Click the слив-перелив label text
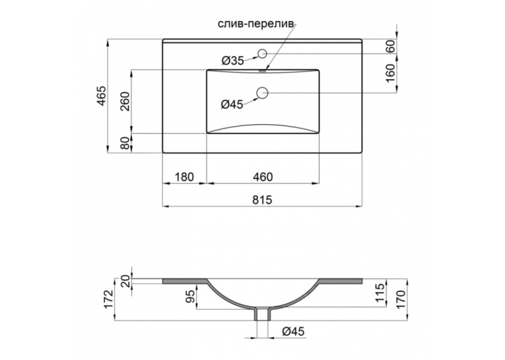tap(256, 24)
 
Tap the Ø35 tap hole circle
tap(263, 54)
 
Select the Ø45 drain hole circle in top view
tap(263, 93)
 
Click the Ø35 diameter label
tap(232, 61)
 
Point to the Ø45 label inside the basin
tap(232, 104)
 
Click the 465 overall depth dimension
tap(102, 96)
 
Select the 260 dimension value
tap(125, 102)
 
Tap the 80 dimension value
tap(125, 143)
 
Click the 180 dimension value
tap(185, 177)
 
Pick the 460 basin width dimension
tap(263, 177)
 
